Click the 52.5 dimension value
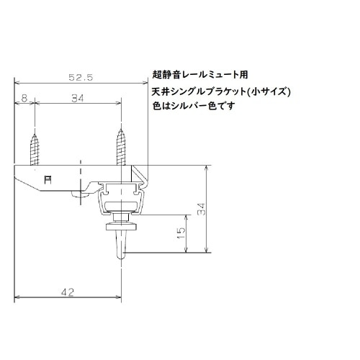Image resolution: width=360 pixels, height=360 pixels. [80, 76]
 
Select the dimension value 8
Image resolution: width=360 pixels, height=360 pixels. [24, 99]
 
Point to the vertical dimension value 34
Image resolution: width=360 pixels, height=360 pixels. [202, 209]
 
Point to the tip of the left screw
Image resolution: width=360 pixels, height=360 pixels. [34, 130]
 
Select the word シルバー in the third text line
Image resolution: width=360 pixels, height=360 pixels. [195, 106]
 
